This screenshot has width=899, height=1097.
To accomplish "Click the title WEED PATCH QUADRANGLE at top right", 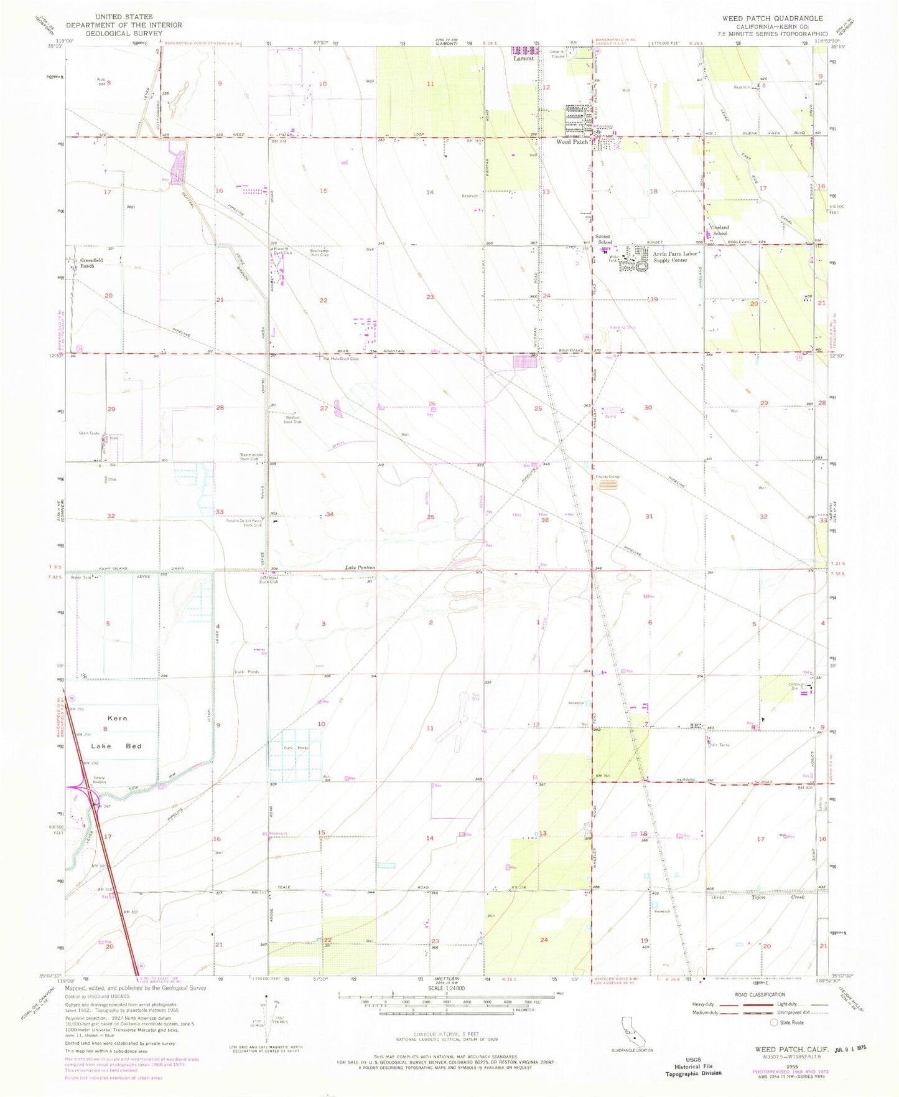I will (772, 18).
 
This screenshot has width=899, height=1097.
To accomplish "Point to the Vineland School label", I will (720, 230).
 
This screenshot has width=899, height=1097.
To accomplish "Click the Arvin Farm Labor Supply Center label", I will (671, 257).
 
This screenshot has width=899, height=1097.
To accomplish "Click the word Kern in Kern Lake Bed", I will (117, 718).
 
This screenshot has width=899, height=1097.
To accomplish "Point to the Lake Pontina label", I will (361, 568).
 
